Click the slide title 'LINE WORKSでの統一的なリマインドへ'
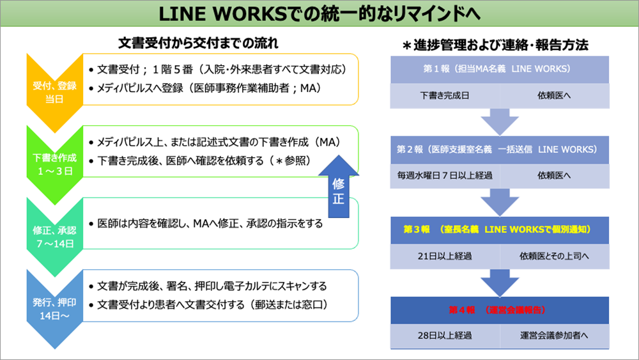pyautogui.click(x=319, y=13)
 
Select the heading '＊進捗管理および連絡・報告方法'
pyautogui.click(x=495, y=45)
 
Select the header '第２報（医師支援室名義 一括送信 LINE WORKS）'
pyautogui.click(x=497, y=149)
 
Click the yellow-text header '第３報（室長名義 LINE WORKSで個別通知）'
pyautogui.click(x=497, y=229)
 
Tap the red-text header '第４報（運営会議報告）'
pyautogui.click(x=497, y=310)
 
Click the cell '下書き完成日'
pyautogui.click(x=443, y=95)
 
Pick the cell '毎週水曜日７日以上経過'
pyautogui.click(x=444, y=174)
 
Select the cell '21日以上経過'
pyautogui.click(x=443, y=256)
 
